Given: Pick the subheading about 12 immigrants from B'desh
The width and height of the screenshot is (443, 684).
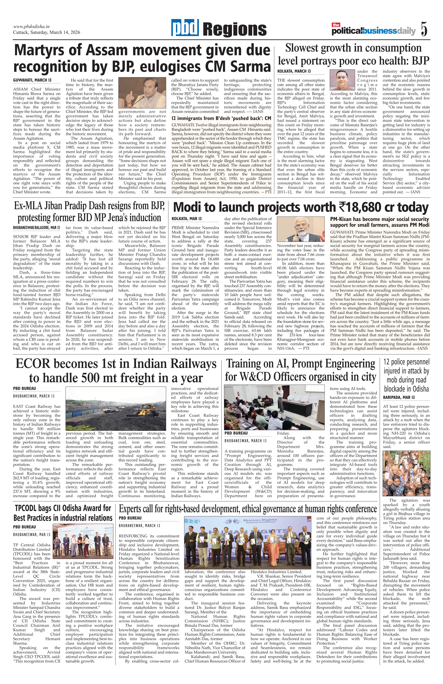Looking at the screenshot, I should point(221,118).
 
